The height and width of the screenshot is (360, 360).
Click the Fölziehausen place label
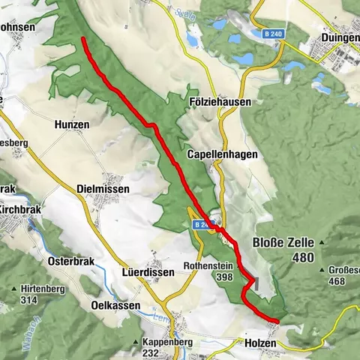(220, 101)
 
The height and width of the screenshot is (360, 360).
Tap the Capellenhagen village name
(222, 154)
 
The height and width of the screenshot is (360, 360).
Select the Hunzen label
(72, 124)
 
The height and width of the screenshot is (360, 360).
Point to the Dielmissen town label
(103, 189)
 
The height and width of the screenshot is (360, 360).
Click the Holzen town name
(260, 343)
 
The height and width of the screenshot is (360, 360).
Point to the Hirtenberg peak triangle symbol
(14, 289)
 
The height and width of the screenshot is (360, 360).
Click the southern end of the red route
(277, 321)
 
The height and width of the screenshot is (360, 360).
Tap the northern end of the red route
(83, 38)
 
